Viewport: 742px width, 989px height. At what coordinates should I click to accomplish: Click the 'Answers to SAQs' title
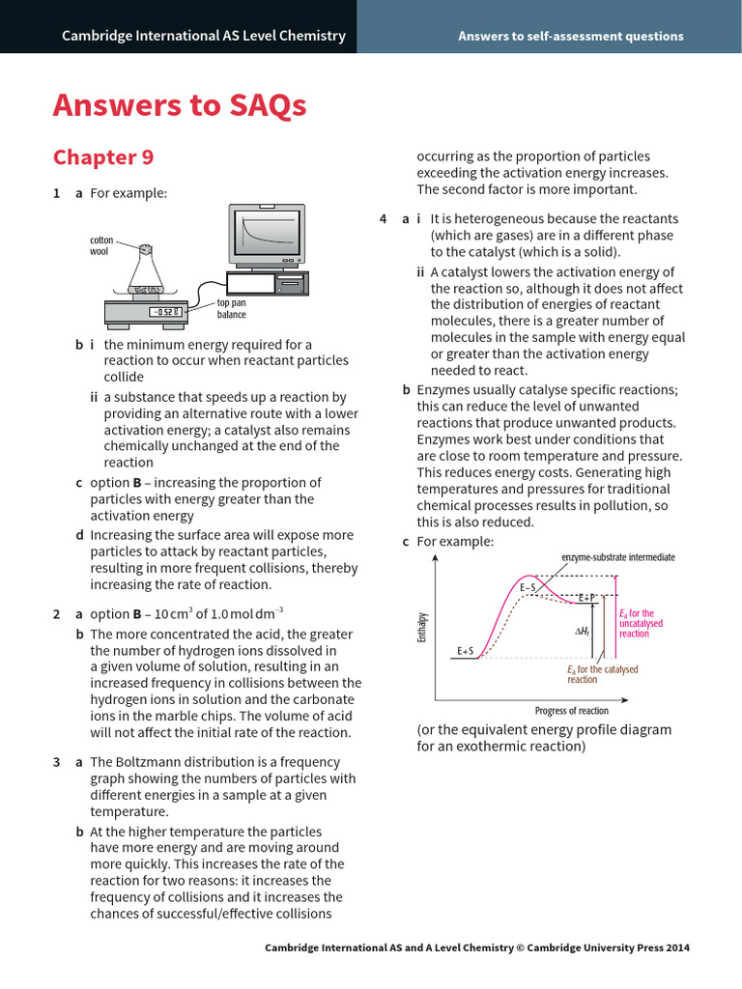point(180,105)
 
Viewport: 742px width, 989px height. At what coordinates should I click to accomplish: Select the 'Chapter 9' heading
point(102,157)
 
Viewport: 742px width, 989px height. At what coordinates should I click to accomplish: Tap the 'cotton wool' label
point(101,245)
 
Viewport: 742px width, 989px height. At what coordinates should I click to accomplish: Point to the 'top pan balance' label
point(231,309)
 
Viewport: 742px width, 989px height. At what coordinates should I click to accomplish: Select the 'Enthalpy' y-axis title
point(422,627)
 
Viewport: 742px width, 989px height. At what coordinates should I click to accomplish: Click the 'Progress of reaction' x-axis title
point(572,711)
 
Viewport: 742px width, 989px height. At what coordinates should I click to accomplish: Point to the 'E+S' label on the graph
point(465,652)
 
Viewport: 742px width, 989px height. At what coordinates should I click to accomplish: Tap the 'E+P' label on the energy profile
point(586,599)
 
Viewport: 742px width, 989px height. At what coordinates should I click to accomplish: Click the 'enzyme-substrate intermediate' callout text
point(618,557)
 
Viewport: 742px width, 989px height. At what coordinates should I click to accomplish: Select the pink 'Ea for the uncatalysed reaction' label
point(639,623)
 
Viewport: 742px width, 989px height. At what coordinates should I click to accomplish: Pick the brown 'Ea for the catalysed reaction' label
point(602,674)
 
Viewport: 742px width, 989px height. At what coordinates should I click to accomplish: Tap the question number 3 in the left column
point(56,762)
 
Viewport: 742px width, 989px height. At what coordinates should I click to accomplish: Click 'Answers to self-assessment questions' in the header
point(570,36)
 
